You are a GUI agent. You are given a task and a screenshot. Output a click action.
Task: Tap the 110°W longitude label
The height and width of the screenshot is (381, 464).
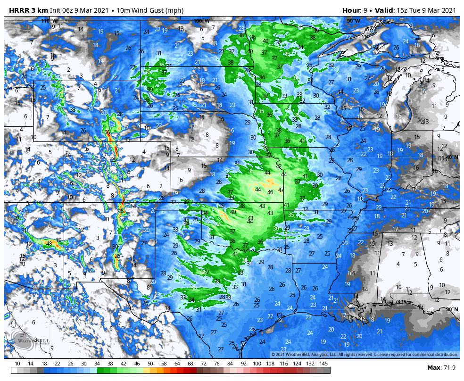pyautogui.click(x=50, y=21)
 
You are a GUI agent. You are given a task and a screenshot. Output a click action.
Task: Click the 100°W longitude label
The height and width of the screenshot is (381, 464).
pyautogui.click(x=201, y=21)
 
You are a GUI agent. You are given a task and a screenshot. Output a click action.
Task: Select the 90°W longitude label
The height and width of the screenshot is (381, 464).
pyautogui.click(x=353, y=21)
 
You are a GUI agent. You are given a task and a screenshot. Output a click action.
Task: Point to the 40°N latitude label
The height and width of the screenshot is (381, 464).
pyautogui.click(x=450, y=157)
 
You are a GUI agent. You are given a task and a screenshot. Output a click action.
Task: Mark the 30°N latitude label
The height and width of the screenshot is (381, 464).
pyautogui.click(x=452, y=309)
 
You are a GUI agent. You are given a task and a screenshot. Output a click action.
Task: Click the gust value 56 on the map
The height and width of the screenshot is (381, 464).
pyautogui.click(x=107, y=133)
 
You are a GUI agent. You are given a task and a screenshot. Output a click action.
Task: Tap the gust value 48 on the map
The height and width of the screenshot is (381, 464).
pyautogui.click(x=49, y=244)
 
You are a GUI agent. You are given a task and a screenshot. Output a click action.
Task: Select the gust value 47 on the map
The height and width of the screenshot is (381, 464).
pyautogui.click(x=281, y=190)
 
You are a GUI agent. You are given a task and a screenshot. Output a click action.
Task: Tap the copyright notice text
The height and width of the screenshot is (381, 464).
pyautogui.click(x=365, y=355)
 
